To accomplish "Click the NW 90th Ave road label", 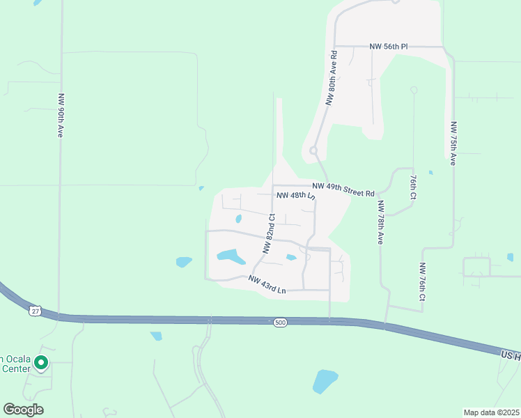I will coord(61,115).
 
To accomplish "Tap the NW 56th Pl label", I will coord(389,46).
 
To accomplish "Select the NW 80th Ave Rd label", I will coord(332,77).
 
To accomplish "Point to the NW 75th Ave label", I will coord(453,144).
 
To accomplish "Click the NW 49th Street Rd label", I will coord(343,189).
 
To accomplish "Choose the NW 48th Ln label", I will coord(296,196).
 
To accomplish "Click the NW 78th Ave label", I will coord(380,222).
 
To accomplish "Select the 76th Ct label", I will coord(412,187).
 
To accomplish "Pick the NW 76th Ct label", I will coord(422,281).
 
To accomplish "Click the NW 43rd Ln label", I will coord(267,284).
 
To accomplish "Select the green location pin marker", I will coord(41,362).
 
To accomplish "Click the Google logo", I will coord(23,410).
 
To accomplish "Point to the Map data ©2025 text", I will coord(491,412).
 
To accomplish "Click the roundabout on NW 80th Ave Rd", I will coord(313,150).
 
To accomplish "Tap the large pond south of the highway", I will coord(325,380).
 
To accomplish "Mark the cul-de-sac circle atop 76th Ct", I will coord(414,89).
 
